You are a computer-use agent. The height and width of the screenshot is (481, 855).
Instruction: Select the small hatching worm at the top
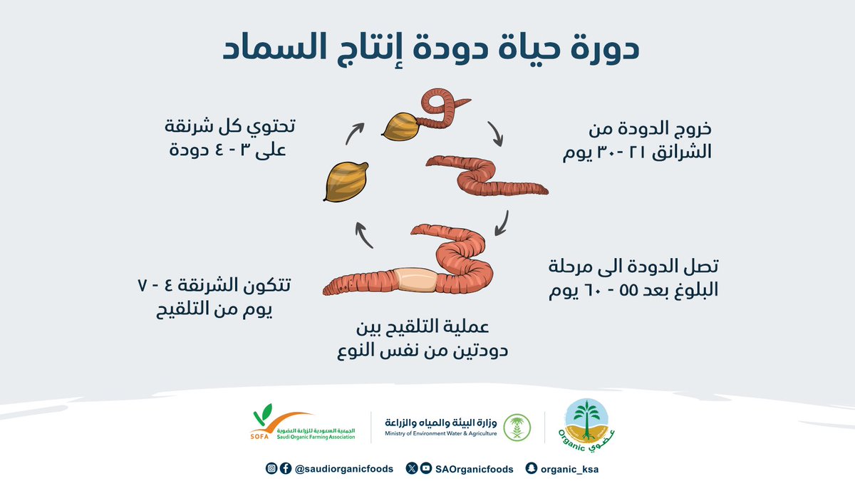(x=438, y=107)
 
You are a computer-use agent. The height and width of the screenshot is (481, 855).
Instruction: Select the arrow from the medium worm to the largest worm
(x=502, y=223)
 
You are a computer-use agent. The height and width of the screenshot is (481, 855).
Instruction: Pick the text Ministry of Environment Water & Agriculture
(x=440, y=433)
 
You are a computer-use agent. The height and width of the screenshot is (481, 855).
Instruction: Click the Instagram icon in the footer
(x=271, y=469)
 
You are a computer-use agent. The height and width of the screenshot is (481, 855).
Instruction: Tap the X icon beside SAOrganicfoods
(x=412, y=469)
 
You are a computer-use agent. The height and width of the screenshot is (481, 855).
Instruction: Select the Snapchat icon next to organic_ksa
(x=530, y=469)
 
